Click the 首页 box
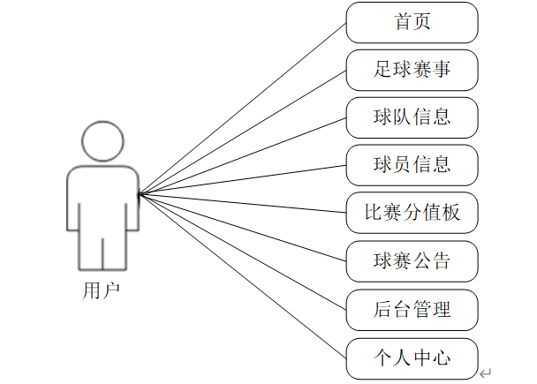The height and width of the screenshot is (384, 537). click(x=412, y=22)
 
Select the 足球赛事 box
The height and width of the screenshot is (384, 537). click(x=412, y=70)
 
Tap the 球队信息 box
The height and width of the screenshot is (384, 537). click(x=412, y=117)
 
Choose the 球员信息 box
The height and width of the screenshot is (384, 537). click(x=412, y=165)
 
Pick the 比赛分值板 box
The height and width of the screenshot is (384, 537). click(x=412, y=213)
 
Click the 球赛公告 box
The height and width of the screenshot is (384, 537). click(x=412, y=260)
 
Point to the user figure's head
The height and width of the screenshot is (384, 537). click(x=102, y=141)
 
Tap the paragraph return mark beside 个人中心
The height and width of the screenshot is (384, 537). click(x=485, y=373)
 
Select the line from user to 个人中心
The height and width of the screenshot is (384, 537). click(x=243, y=276)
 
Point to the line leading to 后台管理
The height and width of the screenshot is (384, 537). click(x=243, y=252)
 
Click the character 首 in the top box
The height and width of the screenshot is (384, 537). click(x=402, y=22)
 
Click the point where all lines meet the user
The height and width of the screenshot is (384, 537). click(x=140, y=193)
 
